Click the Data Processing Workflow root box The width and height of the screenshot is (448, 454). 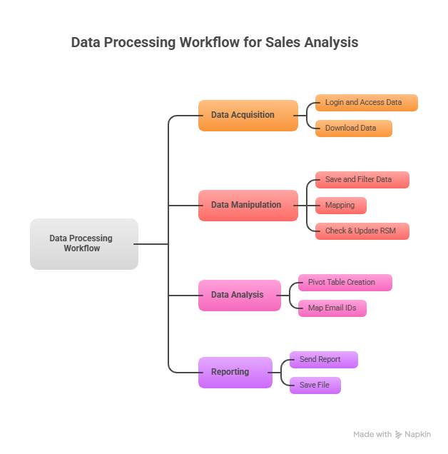pyautogui.click(x=83, y=244)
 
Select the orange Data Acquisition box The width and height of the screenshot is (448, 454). pyautogui.click(x=248, y=115)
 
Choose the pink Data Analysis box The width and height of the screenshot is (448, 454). pyautogui.click(x=239, y=295)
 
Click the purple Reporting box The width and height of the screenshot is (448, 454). pyautogui.click(x=235, y=372)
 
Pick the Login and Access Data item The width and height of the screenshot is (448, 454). pyautogui.click(x=366, y=103)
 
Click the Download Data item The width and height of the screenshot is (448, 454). pyautogui.click(x=353, y=128)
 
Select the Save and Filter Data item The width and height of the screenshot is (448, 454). pyautogui.click(x=362, y=180)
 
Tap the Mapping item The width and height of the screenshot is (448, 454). pyautogui.click(x=340, y=206)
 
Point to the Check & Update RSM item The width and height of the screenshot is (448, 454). pyautogui.click(x=362, y=231)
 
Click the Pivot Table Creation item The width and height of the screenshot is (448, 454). pyautogui.click(x=345, y=283)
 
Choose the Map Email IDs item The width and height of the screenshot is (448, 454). pyautogui.click(x=332, y=308)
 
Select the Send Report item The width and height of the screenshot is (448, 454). pyautogui.click(x=323, y=360)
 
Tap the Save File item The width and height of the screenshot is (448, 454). pyautogui.click(x=315, y=385)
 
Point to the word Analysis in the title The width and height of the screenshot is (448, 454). pyautogui.click(x=332, y=42)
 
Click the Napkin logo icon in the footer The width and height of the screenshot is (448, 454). pyautogui.click(x=398, y=434)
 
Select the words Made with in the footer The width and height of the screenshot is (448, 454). pyautogui.click(x=372, y=434)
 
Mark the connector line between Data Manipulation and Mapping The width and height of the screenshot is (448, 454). pyautogui.click(x=307, y=206)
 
